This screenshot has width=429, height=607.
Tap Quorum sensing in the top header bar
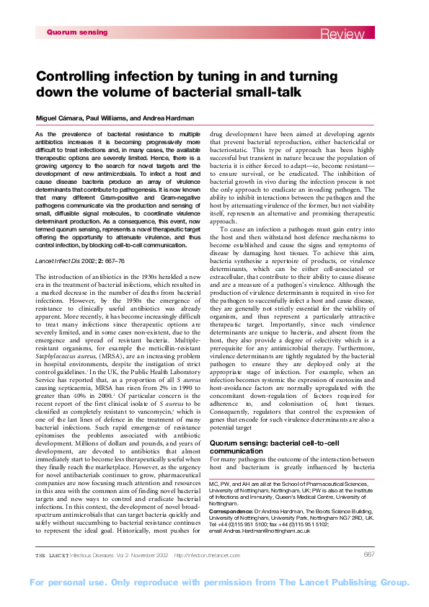[76, 32]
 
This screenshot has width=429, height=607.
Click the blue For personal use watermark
[214, 582]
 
